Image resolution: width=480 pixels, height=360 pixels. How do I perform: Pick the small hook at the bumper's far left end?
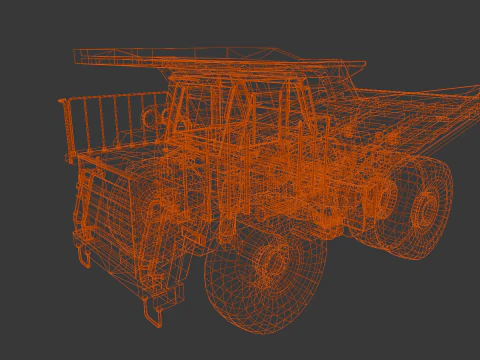[83, 257]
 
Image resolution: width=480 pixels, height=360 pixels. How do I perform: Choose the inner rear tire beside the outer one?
[385, 200]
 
